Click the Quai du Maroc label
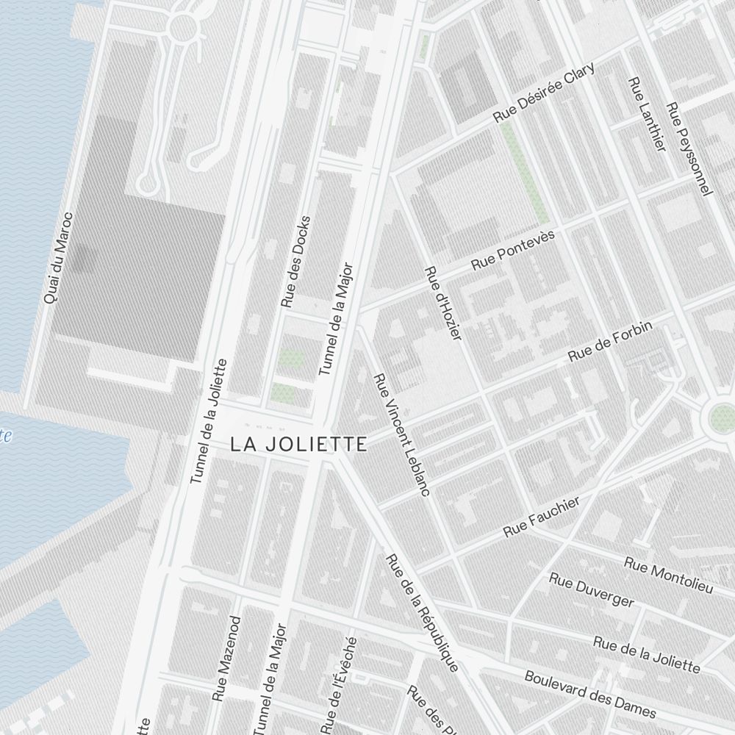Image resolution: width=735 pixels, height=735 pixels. point(58,258)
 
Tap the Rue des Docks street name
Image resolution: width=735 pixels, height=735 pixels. point(296,262)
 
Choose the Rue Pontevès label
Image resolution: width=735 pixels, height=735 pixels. point(513,249)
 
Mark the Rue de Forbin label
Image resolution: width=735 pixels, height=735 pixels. point(610,343)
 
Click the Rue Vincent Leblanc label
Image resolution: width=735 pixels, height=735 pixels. point(401,434)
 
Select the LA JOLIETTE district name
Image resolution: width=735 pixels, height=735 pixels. point(298,444)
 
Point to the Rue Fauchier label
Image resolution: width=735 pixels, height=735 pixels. point(542,516)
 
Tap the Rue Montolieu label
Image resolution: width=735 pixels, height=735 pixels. point(668,575)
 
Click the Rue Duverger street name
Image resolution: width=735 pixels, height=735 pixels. point(591,590)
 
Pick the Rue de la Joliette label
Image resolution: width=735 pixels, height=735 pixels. point(646,653)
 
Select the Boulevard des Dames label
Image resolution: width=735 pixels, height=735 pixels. point(589,693)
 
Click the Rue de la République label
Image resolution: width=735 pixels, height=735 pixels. point(422,612)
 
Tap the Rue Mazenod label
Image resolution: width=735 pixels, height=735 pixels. point(226,658)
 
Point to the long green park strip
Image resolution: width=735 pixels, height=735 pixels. point(524,173)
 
